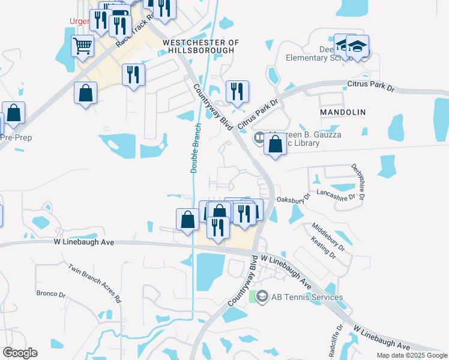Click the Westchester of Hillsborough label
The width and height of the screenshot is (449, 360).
tap(200, 47)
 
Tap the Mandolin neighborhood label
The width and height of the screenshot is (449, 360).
tap(342, 112)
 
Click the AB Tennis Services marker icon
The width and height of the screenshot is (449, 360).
tap(262, 297)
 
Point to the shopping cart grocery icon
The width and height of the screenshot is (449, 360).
tap(82, 46)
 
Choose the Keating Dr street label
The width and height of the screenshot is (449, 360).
tap(324, 248)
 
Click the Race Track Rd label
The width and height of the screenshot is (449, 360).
tap(130, 32)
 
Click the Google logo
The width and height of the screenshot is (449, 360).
tap(20, 353)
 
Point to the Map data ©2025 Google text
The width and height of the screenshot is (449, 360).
tap(411, 355)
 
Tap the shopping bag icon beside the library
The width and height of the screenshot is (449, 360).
tap(275, 145)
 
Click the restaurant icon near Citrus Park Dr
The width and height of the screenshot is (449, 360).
tap(237, 91)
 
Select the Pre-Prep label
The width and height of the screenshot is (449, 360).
tap(16, 137)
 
